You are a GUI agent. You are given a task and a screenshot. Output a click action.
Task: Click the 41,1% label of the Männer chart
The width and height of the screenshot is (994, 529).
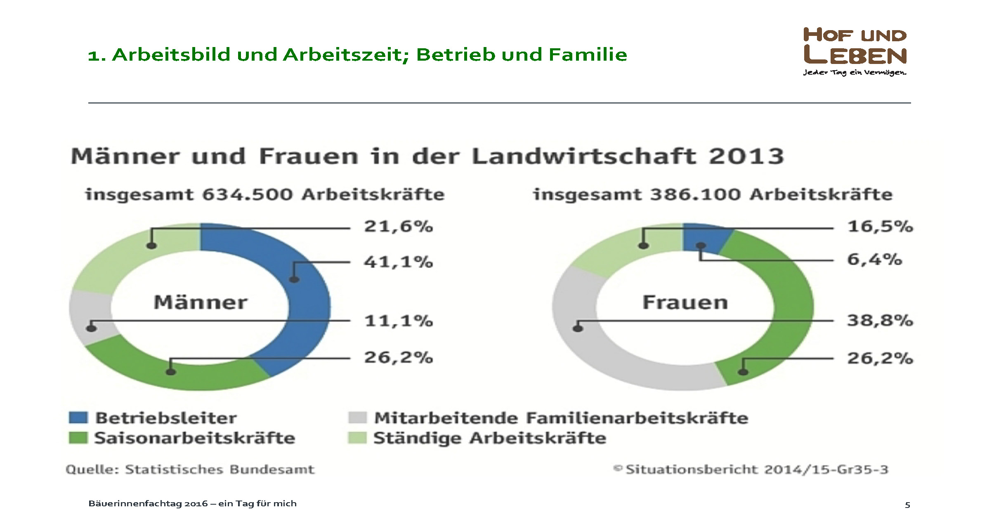click(x=398, y=262)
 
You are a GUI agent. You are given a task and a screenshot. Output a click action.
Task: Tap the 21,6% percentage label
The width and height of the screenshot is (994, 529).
click(x=398, y=227)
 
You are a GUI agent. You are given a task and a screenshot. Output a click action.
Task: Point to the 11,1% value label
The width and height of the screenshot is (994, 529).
click(x=398, y=321)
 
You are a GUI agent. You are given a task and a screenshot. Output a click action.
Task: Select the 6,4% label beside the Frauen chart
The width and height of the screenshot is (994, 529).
click(x=874, y=260)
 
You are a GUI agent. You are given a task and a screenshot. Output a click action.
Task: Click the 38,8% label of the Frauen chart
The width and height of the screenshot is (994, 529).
click(x=880, y=320)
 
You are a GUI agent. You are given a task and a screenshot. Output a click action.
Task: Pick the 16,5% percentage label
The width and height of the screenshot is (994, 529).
click(x=880, y=227)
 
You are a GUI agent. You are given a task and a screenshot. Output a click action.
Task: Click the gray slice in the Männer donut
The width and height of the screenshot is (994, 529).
click(x=89, y=316)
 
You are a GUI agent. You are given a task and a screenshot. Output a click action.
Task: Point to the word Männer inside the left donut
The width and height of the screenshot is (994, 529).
click(x=201, y=302)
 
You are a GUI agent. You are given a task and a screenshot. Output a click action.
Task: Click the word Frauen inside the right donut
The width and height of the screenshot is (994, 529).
click(x=685, y=302)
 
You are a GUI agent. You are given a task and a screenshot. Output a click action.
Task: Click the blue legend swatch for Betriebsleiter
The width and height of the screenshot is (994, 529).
click(x=78, y=418)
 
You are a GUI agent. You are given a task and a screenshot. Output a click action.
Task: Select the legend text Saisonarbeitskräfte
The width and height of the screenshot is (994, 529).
click(x=195, y=438)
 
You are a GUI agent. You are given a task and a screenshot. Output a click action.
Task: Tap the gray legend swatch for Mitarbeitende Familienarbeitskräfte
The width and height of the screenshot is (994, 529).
click(x=357, y=418)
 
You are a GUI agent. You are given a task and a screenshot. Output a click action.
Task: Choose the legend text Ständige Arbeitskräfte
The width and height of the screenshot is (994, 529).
click(x=489, y=438)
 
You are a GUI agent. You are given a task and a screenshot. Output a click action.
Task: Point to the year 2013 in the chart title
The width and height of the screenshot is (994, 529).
click(x=746, y=156)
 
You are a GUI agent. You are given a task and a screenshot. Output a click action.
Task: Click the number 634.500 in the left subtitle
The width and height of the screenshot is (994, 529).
click(x=247, y=194)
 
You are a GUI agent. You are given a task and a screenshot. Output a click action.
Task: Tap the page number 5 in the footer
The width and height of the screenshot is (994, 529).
click(x=907, y=505)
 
